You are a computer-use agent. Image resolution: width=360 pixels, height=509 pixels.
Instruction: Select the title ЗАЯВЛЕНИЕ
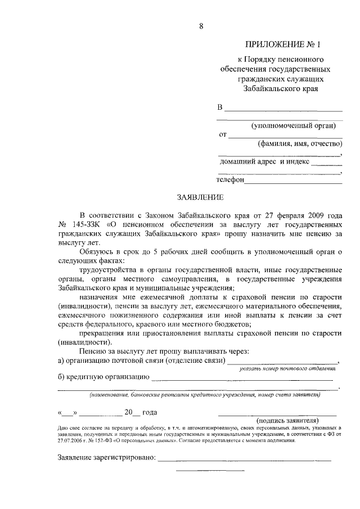201,197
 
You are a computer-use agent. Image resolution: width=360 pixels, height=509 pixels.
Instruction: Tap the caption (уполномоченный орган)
297,125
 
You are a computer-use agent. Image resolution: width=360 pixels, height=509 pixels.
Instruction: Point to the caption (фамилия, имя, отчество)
299,143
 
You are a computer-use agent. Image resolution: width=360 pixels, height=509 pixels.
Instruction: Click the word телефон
231,180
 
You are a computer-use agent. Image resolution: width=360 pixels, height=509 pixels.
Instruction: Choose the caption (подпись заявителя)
288,420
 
